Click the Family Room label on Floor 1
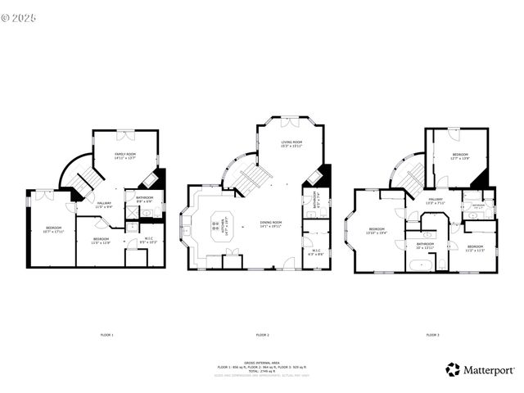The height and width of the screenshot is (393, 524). pyautogui.click(x=125, y=156)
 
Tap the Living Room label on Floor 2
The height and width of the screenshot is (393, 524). pyautogui.click(x=291, y=145)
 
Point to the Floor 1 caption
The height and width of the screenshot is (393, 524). pyautogui.click(x=106, y=335)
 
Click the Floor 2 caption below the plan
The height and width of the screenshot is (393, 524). pyautogui.click(x=262, y=335)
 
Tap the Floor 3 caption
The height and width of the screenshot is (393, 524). pyautogui.click(x=431, y=335)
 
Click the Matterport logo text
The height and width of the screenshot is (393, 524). pyautogui.click(x=490, y=370)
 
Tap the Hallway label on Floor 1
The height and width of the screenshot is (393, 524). pyautogui.click(x=104, y=205)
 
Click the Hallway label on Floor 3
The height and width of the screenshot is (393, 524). pyautogui.click(x=435, y=201)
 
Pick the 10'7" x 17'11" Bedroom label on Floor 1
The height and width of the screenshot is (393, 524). pyautogui.click(x=53, y=229)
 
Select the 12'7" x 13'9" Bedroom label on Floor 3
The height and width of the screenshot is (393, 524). pyautogui.click(x=460, y=156)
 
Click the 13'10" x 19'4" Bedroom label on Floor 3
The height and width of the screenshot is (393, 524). pyautogui.click(x=377, y=231)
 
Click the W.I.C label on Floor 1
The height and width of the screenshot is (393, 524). pyautogui.click(x=147, y=241)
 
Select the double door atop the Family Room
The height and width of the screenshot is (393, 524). pyautogui.click(x=125, y=132)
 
